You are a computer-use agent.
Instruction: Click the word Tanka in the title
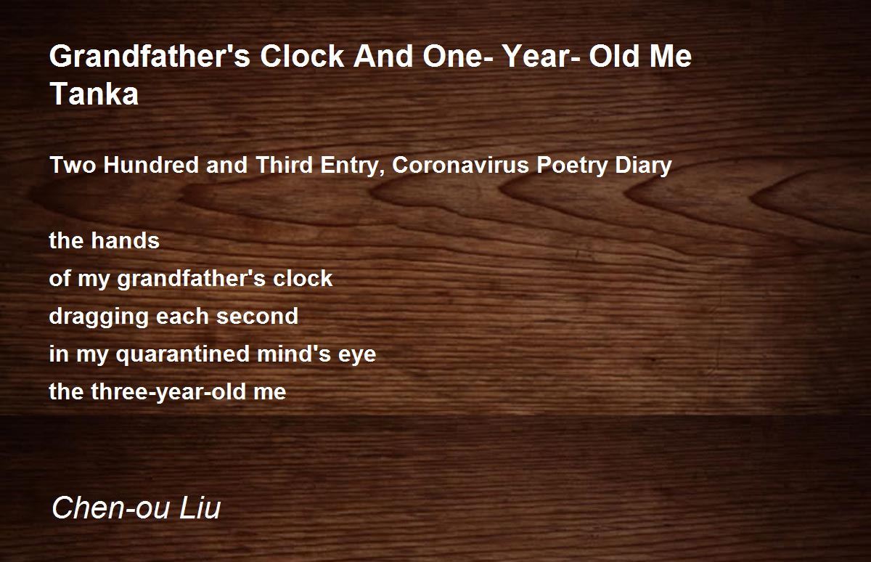point(94,94)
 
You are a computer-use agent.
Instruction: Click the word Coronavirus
point(462,166)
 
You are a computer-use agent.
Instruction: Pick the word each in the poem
point(189,317)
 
